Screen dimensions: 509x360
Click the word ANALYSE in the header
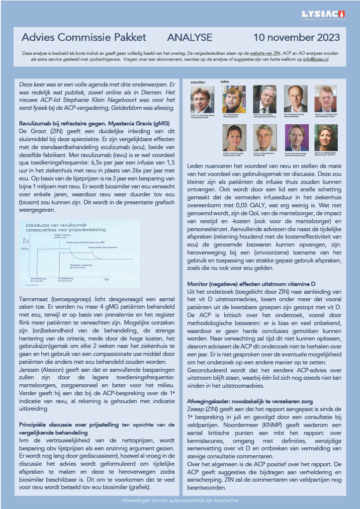coord(190,38)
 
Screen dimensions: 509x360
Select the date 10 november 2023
coord(296,38)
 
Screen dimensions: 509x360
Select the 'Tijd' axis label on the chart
coord(106,280)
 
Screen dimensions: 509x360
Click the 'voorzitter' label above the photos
coord(198,81)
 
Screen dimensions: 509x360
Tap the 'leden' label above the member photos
coord(225,81)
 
